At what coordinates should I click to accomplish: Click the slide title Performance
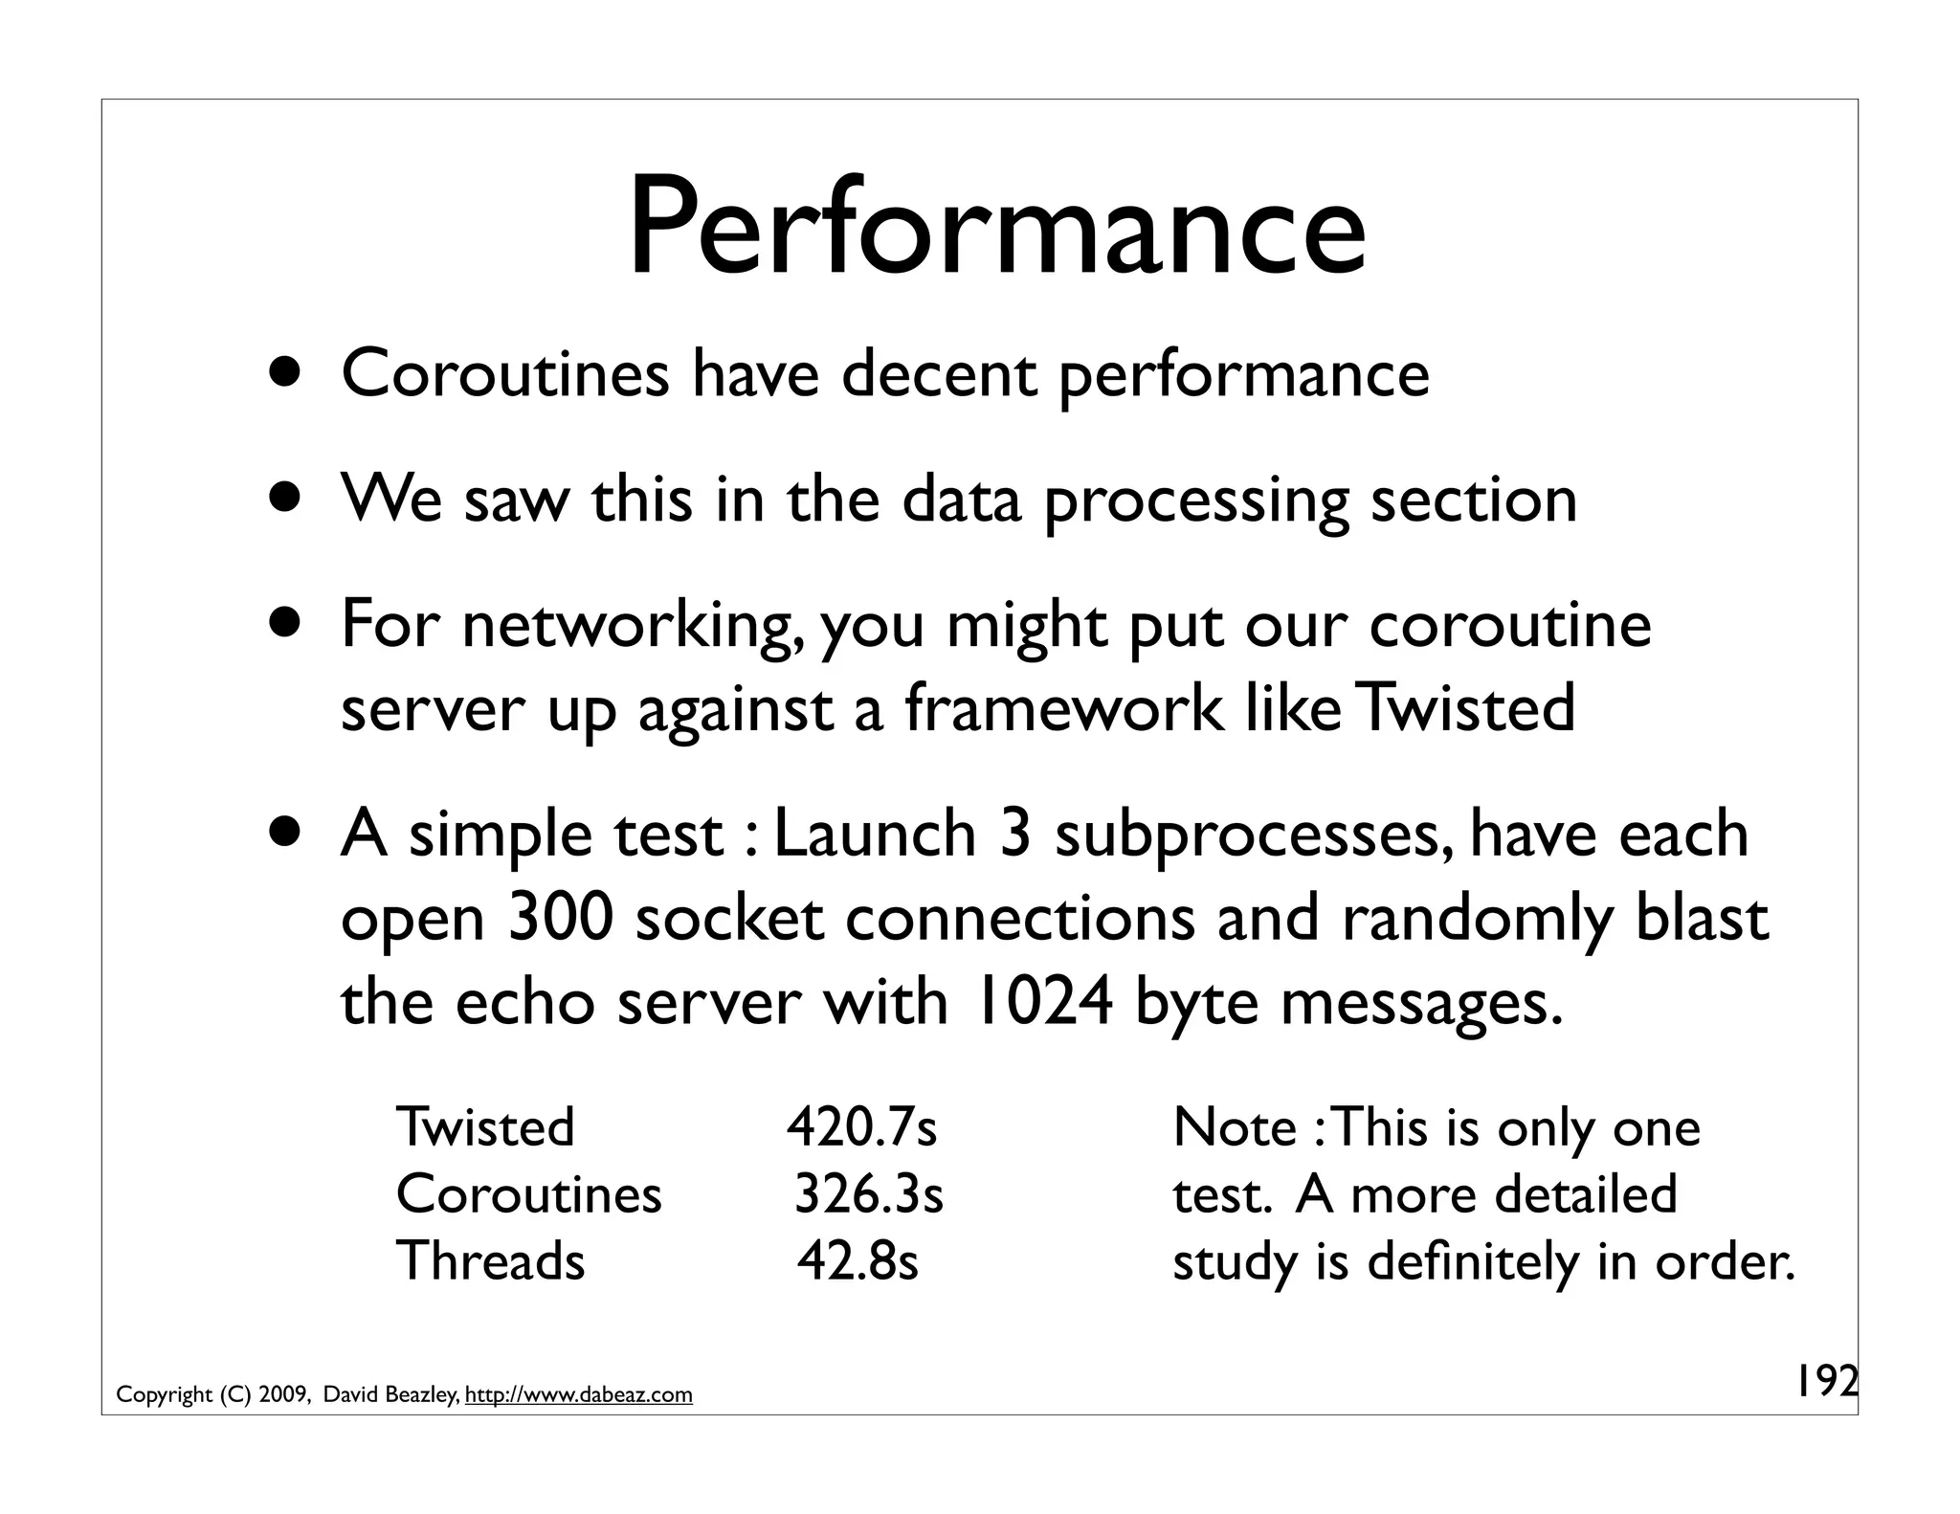[x=996, y=230]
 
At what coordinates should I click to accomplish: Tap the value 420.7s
[x=861, y=1127]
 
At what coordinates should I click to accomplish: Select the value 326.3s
[x=869, y=1194]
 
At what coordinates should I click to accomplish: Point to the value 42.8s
[x=857, y=1261]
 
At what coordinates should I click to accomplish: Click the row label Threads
[x=490, y=1261]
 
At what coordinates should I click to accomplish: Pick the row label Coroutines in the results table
[x=528, y=1194]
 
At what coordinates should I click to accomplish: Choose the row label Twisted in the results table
[x=485, y=1127]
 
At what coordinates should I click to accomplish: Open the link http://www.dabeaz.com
[x=578, y=1395]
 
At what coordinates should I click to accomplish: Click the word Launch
[x=875, y=834]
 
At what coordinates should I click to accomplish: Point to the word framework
[x=1063, y=709]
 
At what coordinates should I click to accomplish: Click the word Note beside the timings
[x=1235, y=1127]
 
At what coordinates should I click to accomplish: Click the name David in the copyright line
[x=350, y=1395]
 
